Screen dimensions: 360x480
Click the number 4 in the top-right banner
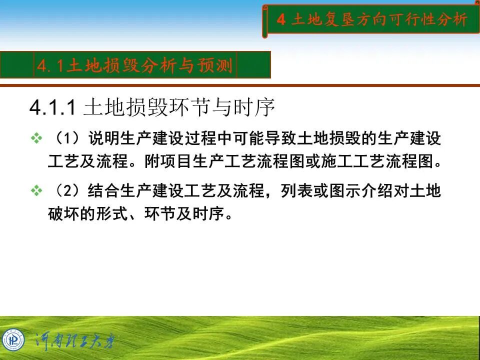click(281, 20)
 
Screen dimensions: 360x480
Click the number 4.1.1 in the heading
click(52, 108)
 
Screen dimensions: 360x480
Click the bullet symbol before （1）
click(36, 138)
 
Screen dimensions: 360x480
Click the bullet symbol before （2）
click(36, 191)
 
